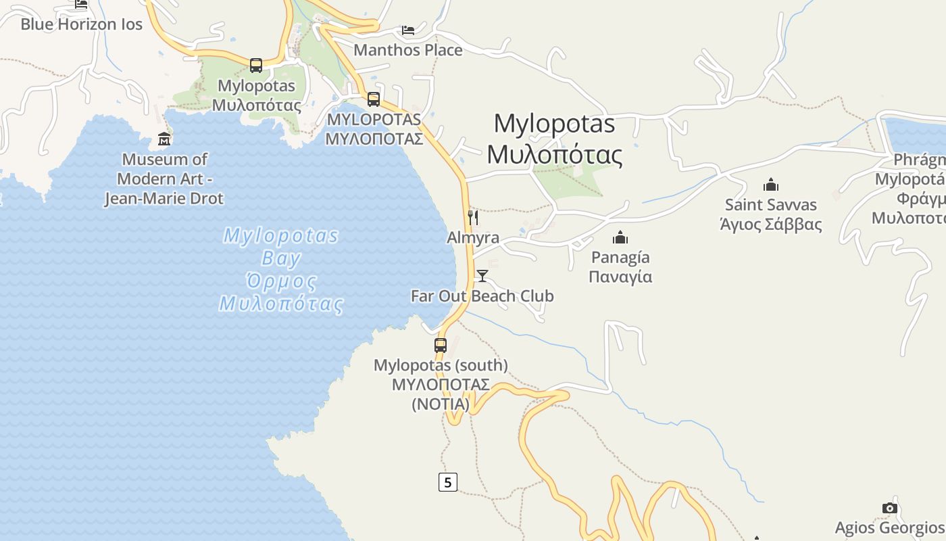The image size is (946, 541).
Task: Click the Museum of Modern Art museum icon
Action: [164, 139]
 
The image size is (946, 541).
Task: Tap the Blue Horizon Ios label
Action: [81, 24]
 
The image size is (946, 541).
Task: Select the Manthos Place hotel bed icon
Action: [408, 30]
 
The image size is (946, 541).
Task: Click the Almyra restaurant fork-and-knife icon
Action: [473, 217]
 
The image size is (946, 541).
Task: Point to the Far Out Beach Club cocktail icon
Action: [482, 275]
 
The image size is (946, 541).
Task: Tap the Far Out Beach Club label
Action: [482, 296]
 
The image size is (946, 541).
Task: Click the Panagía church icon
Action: [620, 237]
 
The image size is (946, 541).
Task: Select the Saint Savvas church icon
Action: [771, 185]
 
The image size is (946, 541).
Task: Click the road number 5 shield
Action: [447, 482]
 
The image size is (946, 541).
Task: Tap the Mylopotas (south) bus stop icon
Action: [441, 346]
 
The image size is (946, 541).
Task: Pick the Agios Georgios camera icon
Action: [890, 508]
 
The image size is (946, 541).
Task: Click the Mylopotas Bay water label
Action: [280, 269]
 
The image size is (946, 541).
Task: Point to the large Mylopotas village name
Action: [554, 139]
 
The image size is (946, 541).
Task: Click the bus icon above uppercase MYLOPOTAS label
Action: [374, 99]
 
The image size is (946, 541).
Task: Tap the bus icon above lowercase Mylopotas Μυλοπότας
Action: [256, 66]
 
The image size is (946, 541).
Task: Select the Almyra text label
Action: [473, 238]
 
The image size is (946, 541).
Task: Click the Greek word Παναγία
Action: [620, 277]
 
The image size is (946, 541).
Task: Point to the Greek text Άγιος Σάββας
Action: [771, 225]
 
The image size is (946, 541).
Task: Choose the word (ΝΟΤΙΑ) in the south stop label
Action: [441, 404]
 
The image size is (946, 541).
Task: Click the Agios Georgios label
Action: [889, 528]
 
